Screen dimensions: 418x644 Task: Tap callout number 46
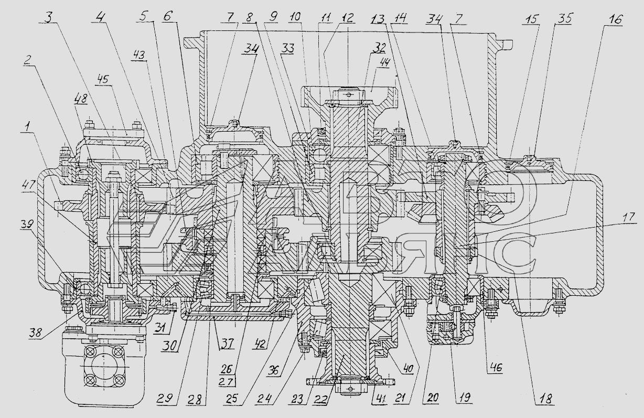point(496,368)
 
